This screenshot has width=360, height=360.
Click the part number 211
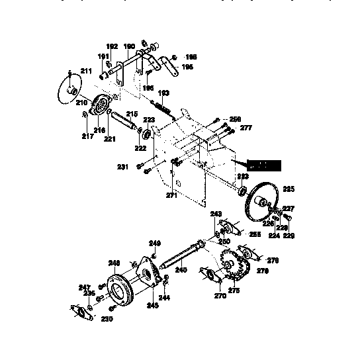[85, 70]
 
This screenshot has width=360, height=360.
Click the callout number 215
[131, 114]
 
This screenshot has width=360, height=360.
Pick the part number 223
[150, 120]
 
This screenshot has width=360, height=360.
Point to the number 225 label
[288, 189]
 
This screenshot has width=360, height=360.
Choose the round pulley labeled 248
[122, 287]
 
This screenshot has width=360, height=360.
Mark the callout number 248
[114, 261]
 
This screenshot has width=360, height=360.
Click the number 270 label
[220, 296]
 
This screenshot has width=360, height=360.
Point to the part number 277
[246, 128]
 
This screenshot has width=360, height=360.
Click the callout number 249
[155, 244]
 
